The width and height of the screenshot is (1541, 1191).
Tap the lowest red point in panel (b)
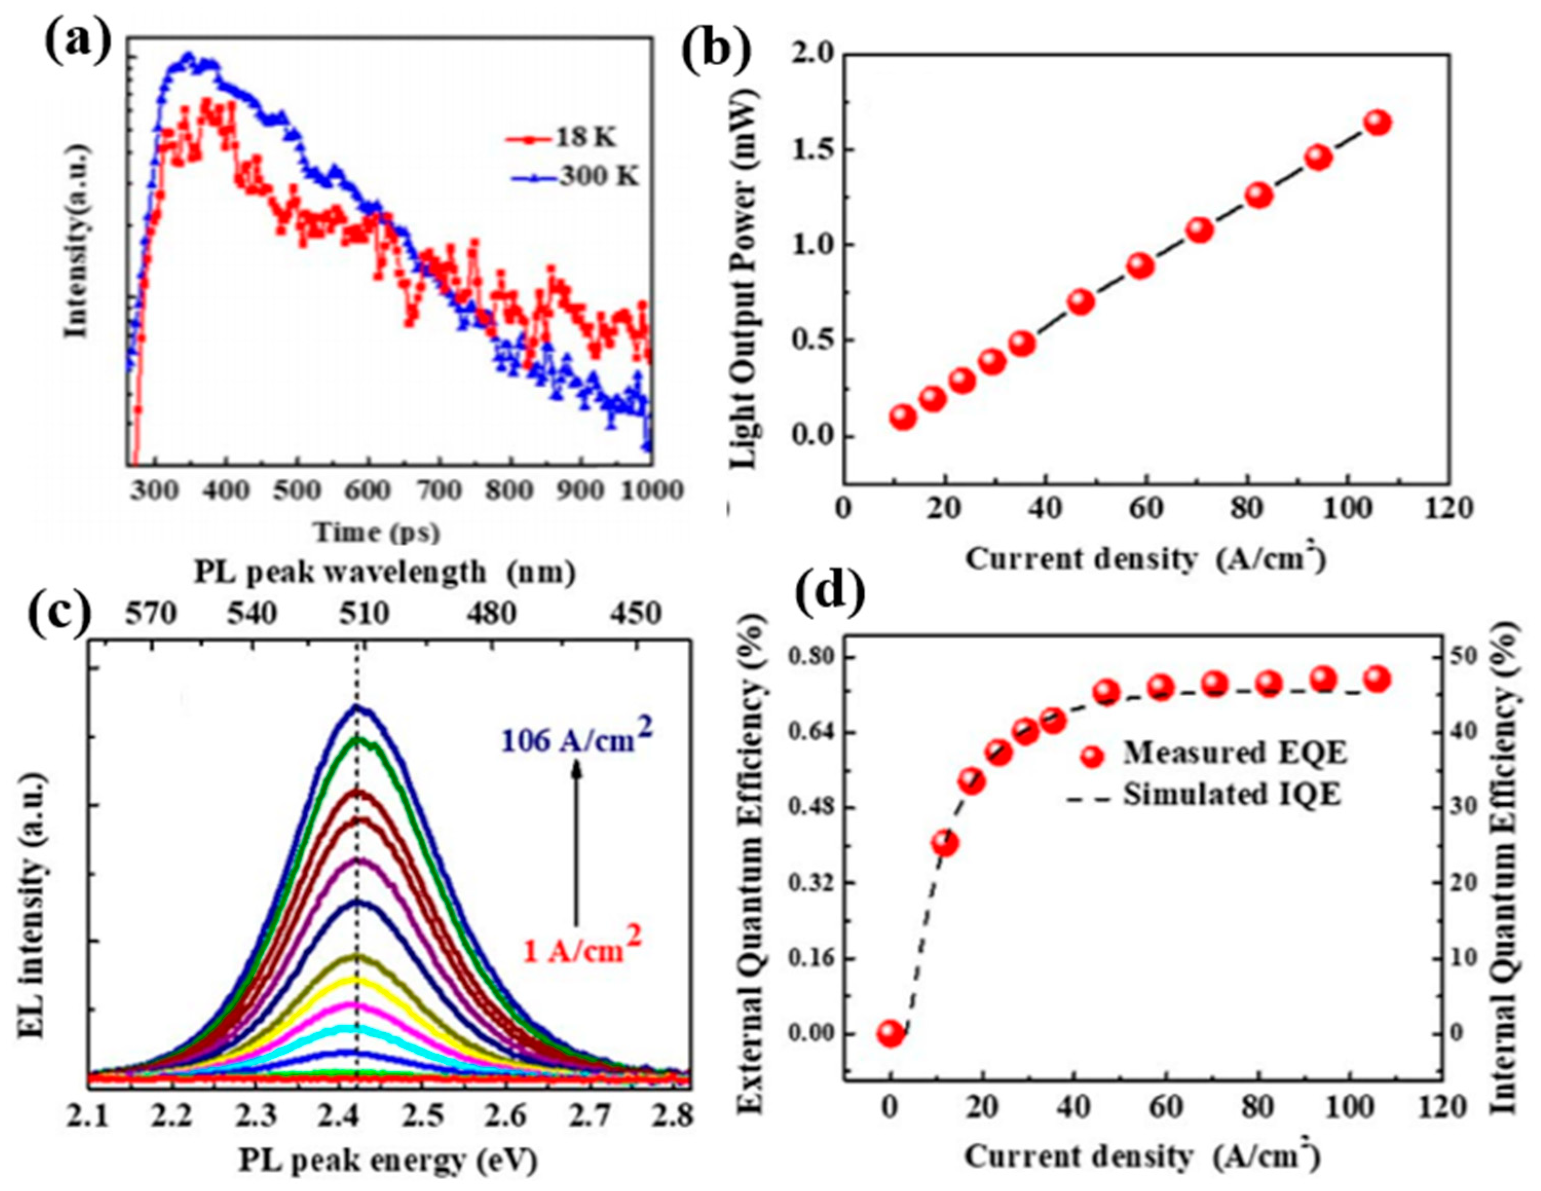(903, 418)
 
